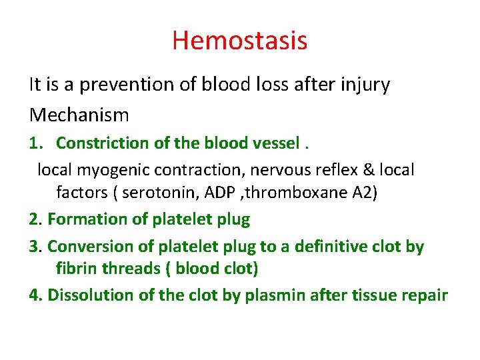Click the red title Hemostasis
[239, 40]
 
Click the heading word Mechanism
[79, 115]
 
